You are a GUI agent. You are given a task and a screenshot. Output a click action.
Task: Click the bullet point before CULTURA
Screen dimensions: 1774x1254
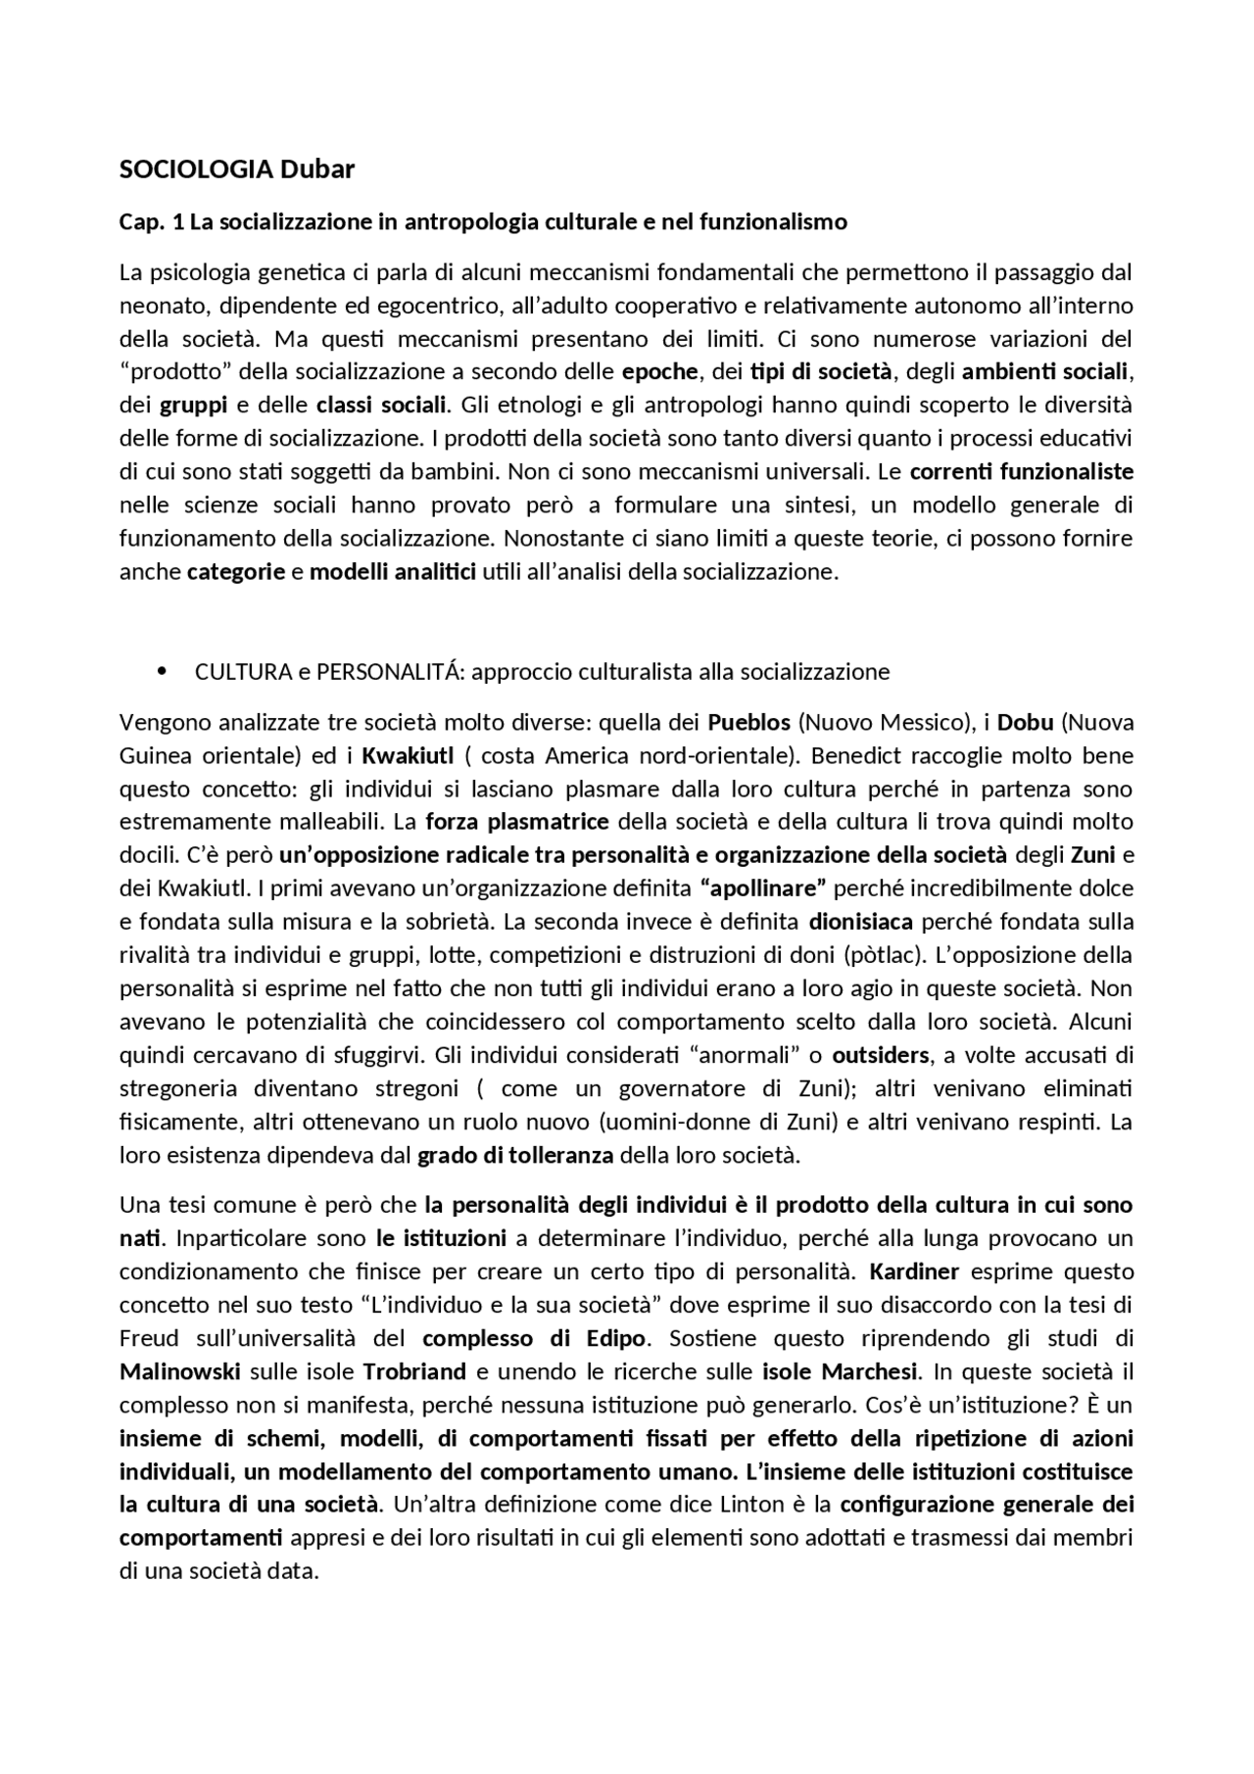(x=162, y=672)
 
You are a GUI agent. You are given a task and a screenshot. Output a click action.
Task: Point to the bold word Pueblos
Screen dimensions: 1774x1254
(x=748, y=723)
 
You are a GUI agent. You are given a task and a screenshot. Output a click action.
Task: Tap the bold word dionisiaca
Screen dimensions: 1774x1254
(x=861, y=922)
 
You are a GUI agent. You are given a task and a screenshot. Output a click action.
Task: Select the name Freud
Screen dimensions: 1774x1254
(x=149, y=1338)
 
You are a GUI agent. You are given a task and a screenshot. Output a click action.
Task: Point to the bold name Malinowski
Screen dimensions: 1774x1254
(x=180, y=1371)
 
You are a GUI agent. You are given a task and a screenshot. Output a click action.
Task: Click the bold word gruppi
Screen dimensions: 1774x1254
(x=187, y=406)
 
